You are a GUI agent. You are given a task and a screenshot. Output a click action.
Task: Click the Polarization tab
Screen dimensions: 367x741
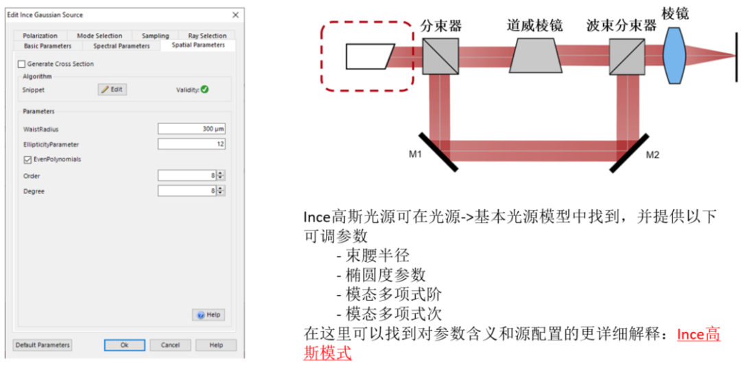click(40, 36)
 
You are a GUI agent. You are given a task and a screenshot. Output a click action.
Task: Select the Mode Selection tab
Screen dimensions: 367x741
click(99, 36)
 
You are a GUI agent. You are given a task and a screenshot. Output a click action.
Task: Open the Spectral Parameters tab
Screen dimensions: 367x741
click(121, 46)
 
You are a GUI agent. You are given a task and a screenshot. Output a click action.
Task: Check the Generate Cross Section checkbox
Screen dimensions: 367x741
click(21, 64)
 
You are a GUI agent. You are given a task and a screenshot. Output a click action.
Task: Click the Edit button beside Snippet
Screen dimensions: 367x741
click(112, 89)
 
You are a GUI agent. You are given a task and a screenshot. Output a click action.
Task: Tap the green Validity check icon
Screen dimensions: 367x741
click(204, 89)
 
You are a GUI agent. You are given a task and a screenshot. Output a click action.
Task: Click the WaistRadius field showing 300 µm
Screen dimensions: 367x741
click(191, 129)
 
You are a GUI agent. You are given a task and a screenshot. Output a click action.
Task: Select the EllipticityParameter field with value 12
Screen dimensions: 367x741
click(191, 144)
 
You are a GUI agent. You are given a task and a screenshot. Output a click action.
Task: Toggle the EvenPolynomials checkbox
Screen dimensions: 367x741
click(27, 159)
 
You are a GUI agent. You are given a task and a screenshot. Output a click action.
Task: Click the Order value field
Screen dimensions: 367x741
click(187, 176)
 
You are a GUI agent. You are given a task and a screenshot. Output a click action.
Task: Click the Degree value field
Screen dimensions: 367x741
click(187, 191)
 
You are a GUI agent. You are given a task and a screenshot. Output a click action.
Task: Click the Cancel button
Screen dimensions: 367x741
click(170, 345)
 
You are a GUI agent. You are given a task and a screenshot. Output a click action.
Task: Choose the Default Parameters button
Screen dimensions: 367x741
click(43, 345)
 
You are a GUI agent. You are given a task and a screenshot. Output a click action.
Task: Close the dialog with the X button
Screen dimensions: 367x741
click(235, 14)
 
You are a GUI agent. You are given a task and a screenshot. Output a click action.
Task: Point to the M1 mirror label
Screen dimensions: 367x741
click(415, 154)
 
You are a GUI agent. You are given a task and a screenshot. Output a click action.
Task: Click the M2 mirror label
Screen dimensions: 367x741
click(652, 154)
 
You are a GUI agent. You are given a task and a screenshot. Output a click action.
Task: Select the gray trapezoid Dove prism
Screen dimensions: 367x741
click(536, 55)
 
